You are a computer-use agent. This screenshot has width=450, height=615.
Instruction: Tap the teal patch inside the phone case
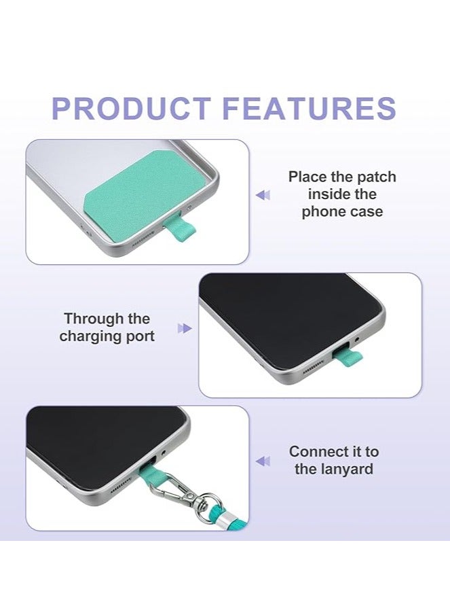tap(136, 191)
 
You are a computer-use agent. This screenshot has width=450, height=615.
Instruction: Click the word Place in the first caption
tap(307, 177)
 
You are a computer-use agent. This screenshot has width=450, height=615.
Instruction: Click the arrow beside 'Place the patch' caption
tap(262, 195)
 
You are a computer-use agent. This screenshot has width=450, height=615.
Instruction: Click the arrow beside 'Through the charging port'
tap(184, 328)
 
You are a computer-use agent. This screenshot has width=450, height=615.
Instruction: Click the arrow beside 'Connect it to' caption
tap(262, 461)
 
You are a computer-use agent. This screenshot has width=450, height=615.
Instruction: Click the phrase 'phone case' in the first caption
tap(342, 211)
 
